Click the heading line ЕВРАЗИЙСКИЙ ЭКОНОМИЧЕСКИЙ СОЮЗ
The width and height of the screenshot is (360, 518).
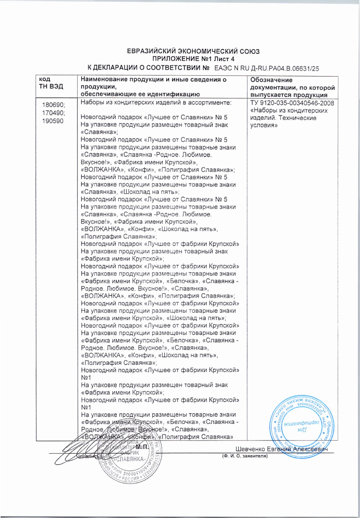pyautogui.click(x=193, y=51)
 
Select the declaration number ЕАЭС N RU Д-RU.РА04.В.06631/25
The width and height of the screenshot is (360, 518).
pyautogui.click(x=266, y=68)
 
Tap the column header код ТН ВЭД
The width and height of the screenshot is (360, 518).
pyautogui.click(x=51, y=83)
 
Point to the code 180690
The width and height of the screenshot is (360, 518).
pyautogui.click(x=53, y=105)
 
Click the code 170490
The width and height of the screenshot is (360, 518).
pyautogui.click(x=53, y=113)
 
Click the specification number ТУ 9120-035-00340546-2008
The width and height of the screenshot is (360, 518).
pyautogui.click(x=292, y=103)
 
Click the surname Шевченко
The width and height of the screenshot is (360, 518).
pyautogui.click(x=250, y=449)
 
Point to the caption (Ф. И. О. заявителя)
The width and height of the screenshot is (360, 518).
pyautogui.click(x=245, y=456)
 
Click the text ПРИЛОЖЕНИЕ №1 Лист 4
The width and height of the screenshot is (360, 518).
pyautogui.click(x=193, y=60)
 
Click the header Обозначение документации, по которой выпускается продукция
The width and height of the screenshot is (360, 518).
pyautogui.click(x=292, y=87)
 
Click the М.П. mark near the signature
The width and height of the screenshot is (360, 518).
pyautogui.click(x=142, y=448)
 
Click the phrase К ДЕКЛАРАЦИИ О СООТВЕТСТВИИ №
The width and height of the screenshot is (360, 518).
pyautogui.click(x=149, y=68)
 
